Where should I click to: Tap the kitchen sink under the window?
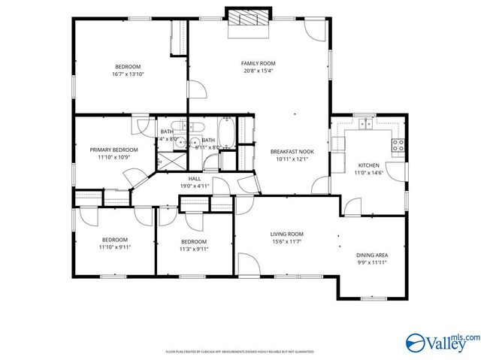click(x=366, y=125)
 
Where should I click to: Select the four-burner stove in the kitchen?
click(x=398, y=144)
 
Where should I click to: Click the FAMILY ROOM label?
click(x=258, y=63)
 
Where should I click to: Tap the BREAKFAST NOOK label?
click(x=292, y=151)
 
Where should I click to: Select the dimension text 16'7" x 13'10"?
click(x=128, y=74)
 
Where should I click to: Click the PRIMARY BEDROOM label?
click(x=114, y=150)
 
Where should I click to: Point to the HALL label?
click(x=194, y=179)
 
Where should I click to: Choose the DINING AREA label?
click(x=371, y=255)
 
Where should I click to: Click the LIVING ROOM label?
click(x=286, y=234)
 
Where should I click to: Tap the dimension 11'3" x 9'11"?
click(x=193, y=249)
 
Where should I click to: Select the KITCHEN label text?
click(x=368, y=165)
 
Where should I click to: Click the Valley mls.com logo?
click(x=440, y=342)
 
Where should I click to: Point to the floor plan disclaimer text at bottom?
click(x=240, y=351)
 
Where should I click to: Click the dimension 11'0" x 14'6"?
click(x=368, y=172)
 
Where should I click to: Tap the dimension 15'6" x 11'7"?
click(x=286, y=241)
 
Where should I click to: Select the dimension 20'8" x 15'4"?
click(x=258, y=71)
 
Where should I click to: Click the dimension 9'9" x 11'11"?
click(x=371, y=262)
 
